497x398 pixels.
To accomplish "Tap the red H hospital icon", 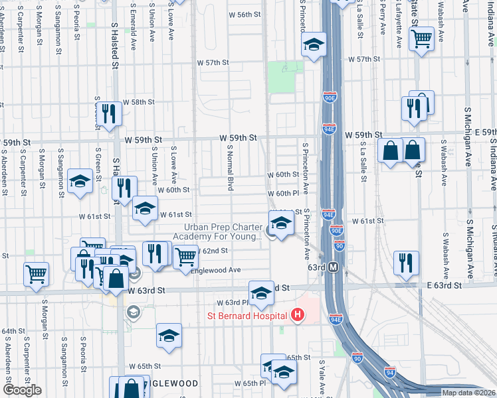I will tap(298, 314).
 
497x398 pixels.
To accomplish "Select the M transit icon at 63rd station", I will tap(334, 267).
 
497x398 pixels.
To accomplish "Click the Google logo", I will tap(22, 390).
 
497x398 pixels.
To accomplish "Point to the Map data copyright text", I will tap(468, 393).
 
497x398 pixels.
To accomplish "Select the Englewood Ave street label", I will tap(215, 270).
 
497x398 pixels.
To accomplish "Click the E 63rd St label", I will tap(444, 285).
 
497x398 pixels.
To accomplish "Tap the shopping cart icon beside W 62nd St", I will tap(186, 256).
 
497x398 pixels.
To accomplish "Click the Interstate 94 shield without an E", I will tap(390, 373).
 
